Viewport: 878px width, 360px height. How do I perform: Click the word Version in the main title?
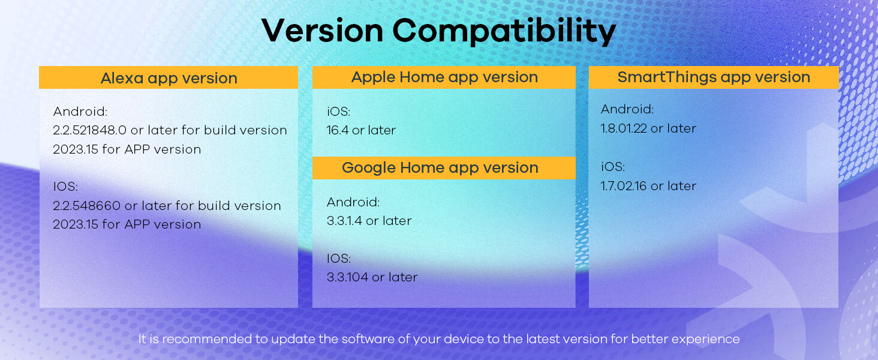point(322,31)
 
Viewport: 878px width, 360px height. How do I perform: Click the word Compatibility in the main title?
point(504,31)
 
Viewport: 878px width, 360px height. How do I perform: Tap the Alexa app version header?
point(169,77)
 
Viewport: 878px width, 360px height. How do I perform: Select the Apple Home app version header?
point(444,77)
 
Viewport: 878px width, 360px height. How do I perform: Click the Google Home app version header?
point(444,168)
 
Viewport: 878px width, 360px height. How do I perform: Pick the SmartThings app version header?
point(714,77)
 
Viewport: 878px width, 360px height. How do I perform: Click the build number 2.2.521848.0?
point(90,130)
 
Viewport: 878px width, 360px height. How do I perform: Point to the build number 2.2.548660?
point(86,205)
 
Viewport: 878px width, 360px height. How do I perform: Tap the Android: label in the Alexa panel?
point(80,112)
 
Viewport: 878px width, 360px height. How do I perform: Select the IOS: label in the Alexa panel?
point(65,186)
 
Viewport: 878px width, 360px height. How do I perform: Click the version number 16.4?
point(338,130)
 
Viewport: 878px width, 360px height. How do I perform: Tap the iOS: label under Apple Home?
point(339,112)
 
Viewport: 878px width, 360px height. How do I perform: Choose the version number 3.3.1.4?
point(344,221)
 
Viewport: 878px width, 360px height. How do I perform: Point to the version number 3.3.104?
point(348,277)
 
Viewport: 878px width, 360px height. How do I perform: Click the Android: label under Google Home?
point(353,202)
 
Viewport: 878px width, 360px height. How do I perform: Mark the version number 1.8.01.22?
point(624,128)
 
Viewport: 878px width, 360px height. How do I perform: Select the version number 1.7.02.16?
point(624,186)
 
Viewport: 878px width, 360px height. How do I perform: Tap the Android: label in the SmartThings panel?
point(627,109)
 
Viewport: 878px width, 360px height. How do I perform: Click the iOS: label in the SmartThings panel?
point(613,167)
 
